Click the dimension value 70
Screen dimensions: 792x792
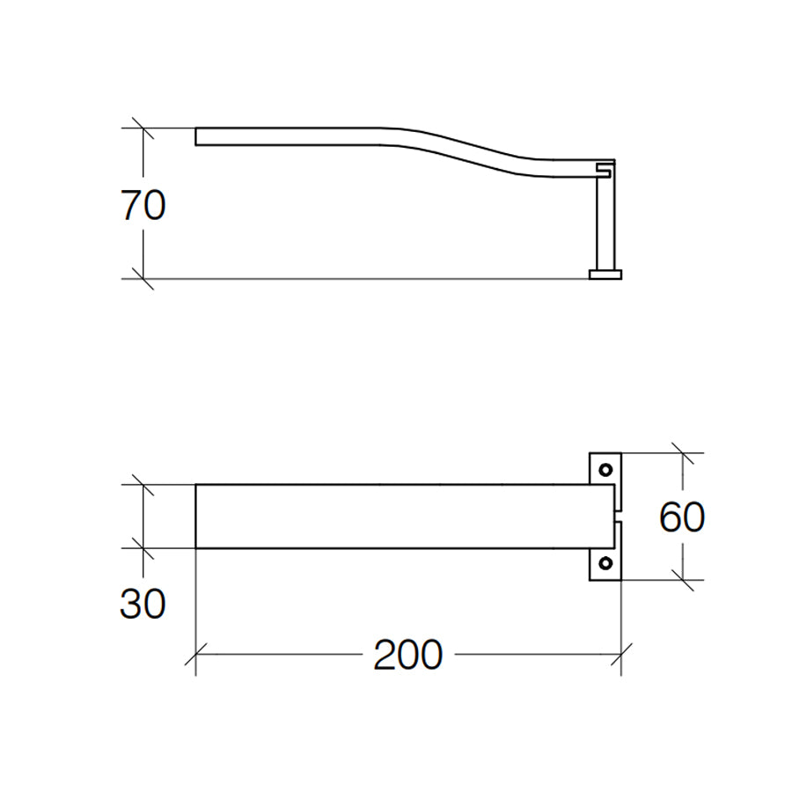(143, 206)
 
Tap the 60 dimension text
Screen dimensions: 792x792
(682, 517)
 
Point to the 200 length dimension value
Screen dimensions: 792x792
(407, 656)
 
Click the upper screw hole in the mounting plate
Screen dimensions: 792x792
(605, 469)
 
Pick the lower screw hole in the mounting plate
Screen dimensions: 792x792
(605, 563)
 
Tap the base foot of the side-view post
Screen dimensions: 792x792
(605, 275)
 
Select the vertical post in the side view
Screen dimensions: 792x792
(605, 224)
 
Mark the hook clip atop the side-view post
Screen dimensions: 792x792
(605, 166)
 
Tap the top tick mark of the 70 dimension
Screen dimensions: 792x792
(143, 128)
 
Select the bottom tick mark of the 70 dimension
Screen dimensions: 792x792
(143, 278)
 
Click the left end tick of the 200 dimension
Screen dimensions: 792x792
(195, 656)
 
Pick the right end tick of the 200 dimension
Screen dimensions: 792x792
(622, 656)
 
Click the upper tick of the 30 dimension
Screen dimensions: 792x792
(143, 484)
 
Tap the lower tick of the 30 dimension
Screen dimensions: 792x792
(143, 547)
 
